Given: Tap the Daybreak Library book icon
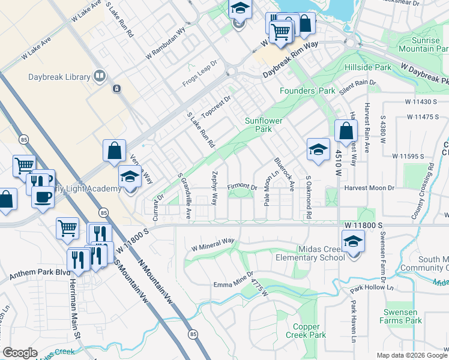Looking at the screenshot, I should pos(99,76).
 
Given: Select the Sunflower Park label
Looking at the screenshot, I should pos(263,125).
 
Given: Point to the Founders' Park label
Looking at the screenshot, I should pos(307,91).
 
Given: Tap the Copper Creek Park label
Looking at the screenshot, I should pos(306,331).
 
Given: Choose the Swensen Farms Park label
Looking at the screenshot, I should pos(402,316).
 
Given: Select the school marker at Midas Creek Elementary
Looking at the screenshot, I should pos(353,242).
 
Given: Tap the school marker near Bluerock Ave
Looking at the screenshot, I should pos(318,150).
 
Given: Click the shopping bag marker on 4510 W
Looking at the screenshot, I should pos(347,131).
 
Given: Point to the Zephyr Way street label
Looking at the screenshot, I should pos(214,187).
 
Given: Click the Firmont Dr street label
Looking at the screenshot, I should pos(242,187).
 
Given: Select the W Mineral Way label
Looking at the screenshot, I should pos(212,244).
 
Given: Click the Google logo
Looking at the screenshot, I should pos(20,353).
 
